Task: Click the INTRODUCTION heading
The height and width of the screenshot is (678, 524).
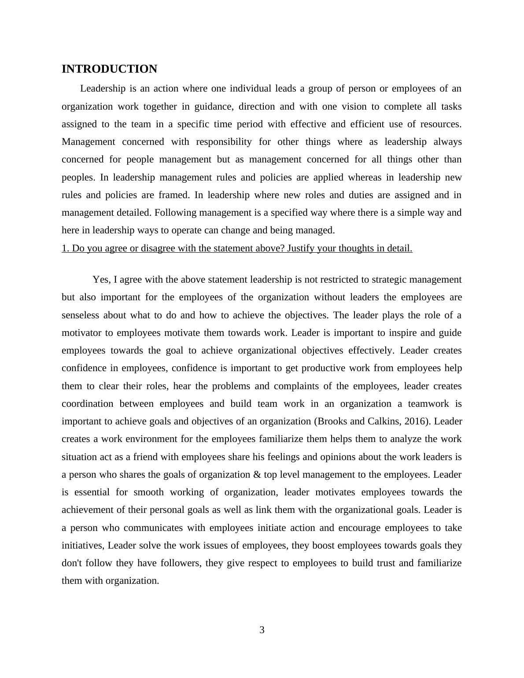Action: click(x=109, y=69)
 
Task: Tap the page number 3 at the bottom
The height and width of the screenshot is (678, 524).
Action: click(x=262, y=630)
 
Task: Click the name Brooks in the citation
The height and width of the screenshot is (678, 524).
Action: click(x=332, y=421)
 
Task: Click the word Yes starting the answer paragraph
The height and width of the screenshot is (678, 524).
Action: click(x=101, y=280)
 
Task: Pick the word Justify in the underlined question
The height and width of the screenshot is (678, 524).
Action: click(x=300, y=248)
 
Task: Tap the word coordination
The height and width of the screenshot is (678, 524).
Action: click(x=87, y=404)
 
